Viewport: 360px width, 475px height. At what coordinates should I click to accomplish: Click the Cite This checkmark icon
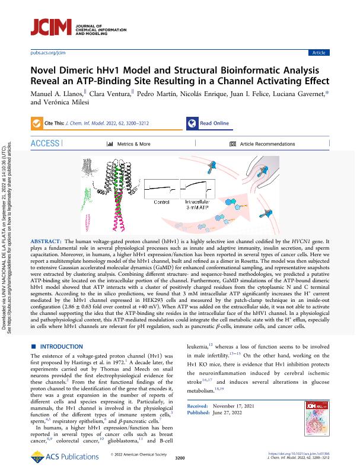coord(40,123)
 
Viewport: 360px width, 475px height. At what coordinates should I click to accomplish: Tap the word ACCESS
coord(45,144)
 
